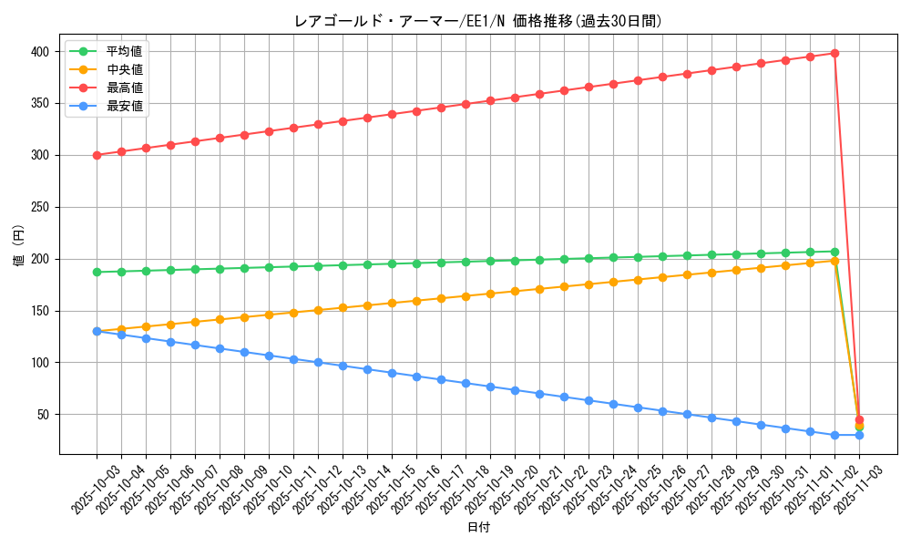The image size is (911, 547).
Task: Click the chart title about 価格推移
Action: (477, 21)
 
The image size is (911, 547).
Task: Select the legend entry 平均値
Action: (125, 51)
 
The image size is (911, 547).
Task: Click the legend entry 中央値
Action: (125, 69)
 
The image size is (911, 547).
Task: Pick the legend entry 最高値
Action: (125, 88)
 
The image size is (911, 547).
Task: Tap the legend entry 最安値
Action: (125, 106)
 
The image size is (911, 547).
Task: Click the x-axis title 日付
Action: (477, 528)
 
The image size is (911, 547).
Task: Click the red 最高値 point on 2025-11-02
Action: (834, 53)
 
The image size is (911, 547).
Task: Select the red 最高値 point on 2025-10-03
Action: (97, 155)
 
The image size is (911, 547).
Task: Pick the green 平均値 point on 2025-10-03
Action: (97, 272)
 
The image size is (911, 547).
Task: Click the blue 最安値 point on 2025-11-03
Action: (859, 435)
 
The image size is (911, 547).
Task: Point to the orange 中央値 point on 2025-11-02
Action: (834, 261)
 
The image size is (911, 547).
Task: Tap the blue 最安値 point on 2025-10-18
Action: (466, 383)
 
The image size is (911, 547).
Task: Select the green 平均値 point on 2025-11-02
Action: (834, 252)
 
